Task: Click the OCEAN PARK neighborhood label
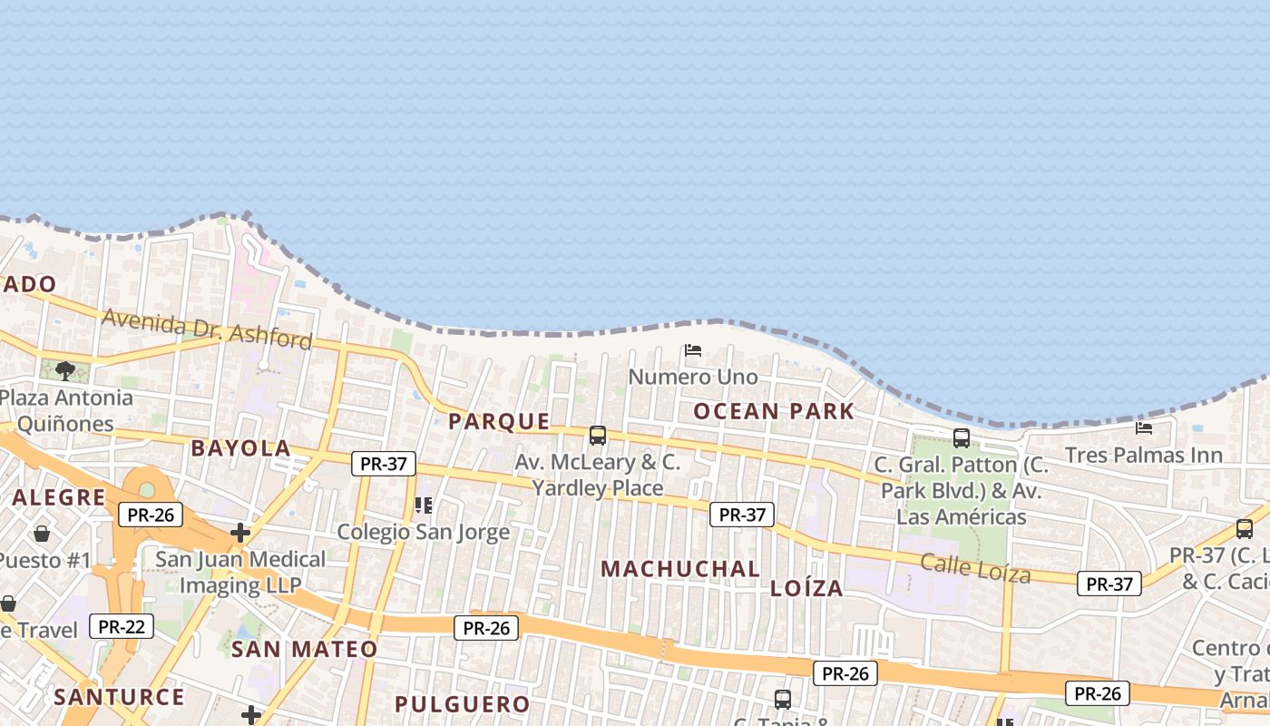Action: click(x=774, y=411)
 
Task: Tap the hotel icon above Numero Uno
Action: click(x=693, y=350)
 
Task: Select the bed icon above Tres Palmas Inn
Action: click(x=1144, y=427)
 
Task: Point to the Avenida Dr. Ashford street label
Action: click(x=207, y=329)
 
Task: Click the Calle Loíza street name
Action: click(x=975, y=568)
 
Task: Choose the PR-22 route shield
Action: click(x=122, y=626)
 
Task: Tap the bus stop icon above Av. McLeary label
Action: click(x=597, y=436)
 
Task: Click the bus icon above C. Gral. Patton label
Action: click(x=962, y=438)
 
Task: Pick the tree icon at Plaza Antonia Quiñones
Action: click(x=64, y=370)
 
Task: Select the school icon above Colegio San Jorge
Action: click(x=423, y=505)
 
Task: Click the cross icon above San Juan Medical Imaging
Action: click(x=239, y=533)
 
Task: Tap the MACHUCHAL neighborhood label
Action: click(x=680, y=569)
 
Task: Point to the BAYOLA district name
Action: click(x=240, y=448)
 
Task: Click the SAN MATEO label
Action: click(x=304, y=649)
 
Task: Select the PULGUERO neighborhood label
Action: click(x=462, y=704)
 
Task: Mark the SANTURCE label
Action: click(x=119, y=697)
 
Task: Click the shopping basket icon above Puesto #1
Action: click(x=42, y=533)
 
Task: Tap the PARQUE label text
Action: click(x=499, y=421)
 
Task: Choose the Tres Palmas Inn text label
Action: click(x=1144, y=455)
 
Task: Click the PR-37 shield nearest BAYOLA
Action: click(x=383, y=464)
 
